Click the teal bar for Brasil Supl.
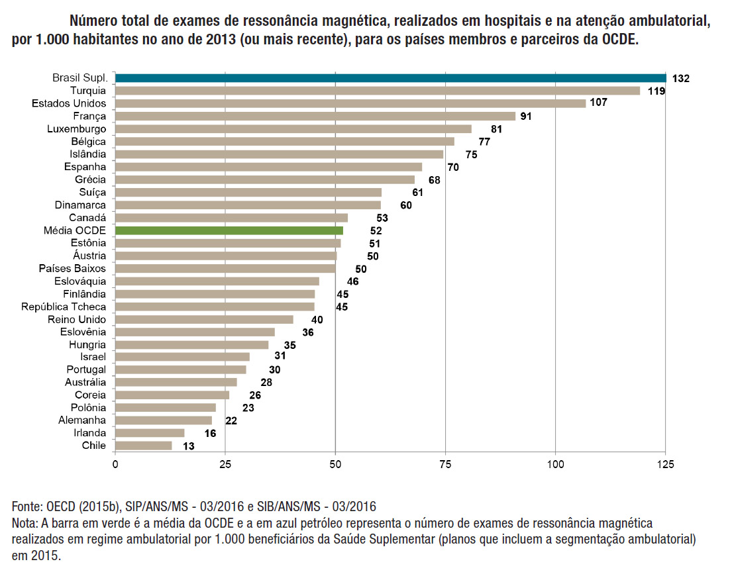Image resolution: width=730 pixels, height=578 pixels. pyautogui.click(x=391, y=78)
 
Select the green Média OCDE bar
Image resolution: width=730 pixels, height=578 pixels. pyautogui.click(x=229, y=230)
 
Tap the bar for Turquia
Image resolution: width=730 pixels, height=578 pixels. pyautogui.click(x=378, y=91)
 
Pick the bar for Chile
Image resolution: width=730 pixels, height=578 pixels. pyautogui.click(x=144, y=446)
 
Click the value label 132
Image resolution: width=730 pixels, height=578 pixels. pyautogui.click(x=680, y=79)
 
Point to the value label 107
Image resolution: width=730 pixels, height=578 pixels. pyautogui.click(x=598, y=103)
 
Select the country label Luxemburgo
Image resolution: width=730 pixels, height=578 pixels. pyautogui.click(x=76, y=128)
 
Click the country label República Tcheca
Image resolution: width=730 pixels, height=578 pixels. pyautogui.click(x=64, y=307)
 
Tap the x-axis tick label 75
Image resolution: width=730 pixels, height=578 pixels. pyautogui.click(x=445, y=464)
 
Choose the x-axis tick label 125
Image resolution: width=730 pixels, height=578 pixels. pyautogui.click(x=665, y=464)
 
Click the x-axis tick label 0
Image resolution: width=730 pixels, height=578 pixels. pyautogui.click(x=115, y=464)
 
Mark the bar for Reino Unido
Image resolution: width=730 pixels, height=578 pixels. pyautogui.click(x=204, y=319)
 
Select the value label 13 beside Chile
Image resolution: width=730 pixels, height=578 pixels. pyautogui.click(x=188, y=446)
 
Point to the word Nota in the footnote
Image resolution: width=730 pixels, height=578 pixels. pyautogui.click(x=25, y=523)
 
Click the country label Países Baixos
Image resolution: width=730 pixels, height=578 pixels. pyautogui.click(x=72, y=268)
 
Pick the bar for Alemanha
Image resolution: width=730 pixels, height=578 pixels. pyautogui.click(x=164, y=420)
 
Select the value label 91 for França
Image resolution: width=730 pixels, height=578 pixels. pyautogui.click(x=527, y=117)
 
